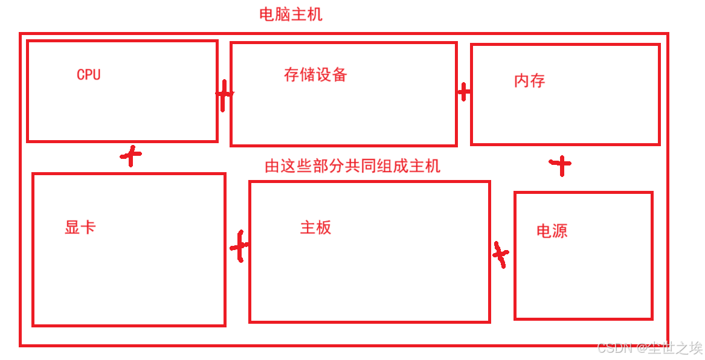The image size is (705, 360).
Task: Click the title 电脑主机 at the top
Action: click(x=291, y=14)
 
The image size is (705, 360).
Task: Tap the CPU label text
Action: click(x=88, y=74)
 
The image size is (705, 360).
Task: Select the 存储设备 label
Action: click(x=315, y=74)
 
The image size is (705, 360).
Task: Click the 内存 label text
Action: click(x=529, y=80)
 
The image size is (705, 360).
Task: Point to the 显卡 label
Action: click(x=80, y=228)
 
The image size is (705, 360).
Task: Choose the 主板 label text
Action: click(x=315, y=228)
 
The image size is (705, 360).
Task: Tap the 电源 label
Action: click(x=552, y=231)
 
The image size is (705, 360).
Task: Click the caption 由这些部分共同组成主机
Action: click(x=352, y=166)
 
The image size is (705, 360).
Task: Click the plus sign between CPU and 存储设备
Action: click(x=224, y=95)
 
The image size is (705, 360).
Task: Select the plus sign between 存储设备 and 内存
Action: click(x=464, y=92)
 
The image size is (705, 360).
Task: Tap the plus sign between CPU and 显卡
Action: click(x=131, y=156)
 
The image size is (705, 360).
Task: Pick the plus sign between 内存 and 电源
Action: click(x=561, y=164)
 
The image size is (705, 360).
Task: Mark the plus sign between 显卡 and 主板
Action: click(x=240, y=246)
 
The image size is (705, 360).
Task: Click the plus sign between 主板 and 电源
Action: click(x=500, y=254)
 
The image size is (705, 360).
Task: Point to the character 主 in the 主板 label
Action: click(x=307, y=228)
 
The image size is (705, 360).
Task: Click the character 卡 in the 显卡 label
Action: click(x=88, y=228)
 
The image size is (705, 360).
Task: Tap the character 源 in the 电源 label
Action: click(x=559, y=231)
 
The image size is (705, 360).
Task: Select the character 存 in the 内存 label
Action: click(x=537, y=80)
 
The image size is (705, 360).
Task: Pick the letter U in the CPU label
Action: click(x=96, y=74)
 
